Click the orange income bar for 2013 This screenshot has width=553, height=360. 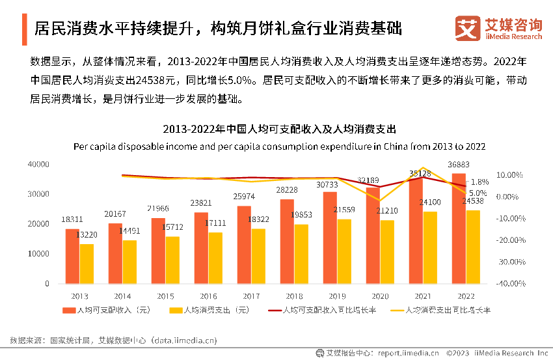[x=72, y=256]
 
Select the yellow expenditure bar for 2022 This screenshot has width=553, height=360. [x=473, y=247]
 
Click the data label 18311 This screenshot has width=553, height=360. [x=72, y=220]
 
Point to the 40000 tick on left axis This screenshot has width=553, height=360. [x=38, y=165]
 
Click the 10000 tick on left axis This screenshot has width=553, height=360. [x=38, y=254]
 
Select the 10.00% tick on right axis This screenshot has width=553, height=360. [x=511, y=175]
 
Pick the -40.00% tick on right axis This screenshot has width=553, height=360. [x=511, y=284]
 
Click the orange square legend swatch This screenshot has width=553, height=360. [x=68, y=310]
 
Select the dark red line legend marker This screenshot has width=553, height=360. [x=275, y=310]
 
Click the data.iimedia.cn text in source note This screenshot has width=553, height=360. [x=184, y=340]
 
